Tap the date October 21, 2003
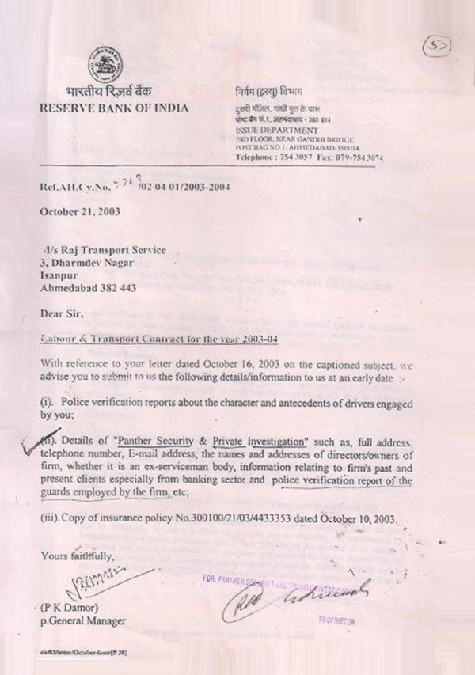(82, 214)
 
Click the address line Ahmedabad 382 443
(89, 289)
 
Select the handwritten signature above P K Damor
(74, 586)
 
